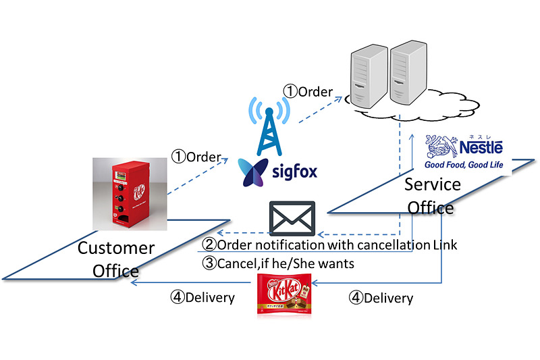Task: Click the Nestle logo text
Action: (x=481, y=147)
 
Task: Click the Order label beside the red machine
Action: (x=196, y=157)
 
